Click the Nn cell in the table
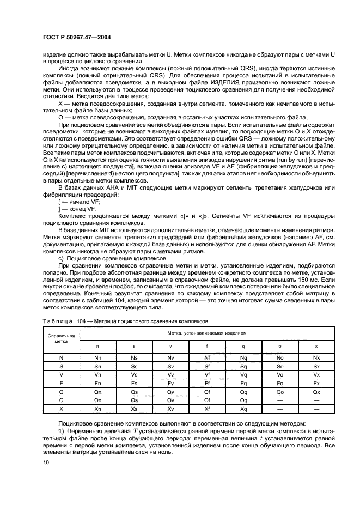[x=97, y=357]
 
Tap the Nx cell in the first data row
[x=317, y=357]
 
